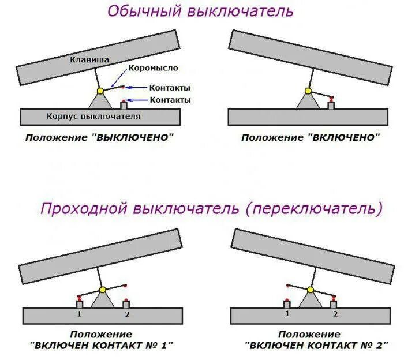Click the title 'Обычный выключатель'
tap(200, 11)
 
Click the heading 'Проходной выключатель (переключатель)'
tap(211, 208)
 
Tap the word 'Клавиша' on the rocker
tap(89, 59)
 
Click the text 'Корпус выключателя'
tap(93, 116)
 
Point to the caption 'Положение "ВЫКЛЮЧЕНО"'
tap(99, 137)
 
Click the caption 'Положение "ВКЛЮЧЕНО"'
tap(311, 137)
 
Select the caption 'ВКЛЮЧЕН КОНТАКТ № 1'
tap(102, 345)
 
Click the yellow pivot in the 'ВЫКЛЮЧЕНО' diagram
tap(100, 91)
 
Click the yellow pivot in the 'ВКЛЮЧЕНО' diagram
tap(308, 91)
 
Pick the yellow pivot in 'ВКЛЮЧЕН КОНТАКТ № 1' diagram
tap(103, 289)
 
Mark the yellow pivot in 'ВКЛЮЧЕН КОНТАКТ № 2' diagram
tap(310, 289)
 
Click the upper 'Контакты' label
tap(170, 88)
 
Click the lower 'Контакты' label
tap(170, 100)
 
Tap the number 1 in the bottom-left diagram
tap(79, 314)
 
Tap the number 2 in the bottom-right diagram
tap(335, 314)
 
